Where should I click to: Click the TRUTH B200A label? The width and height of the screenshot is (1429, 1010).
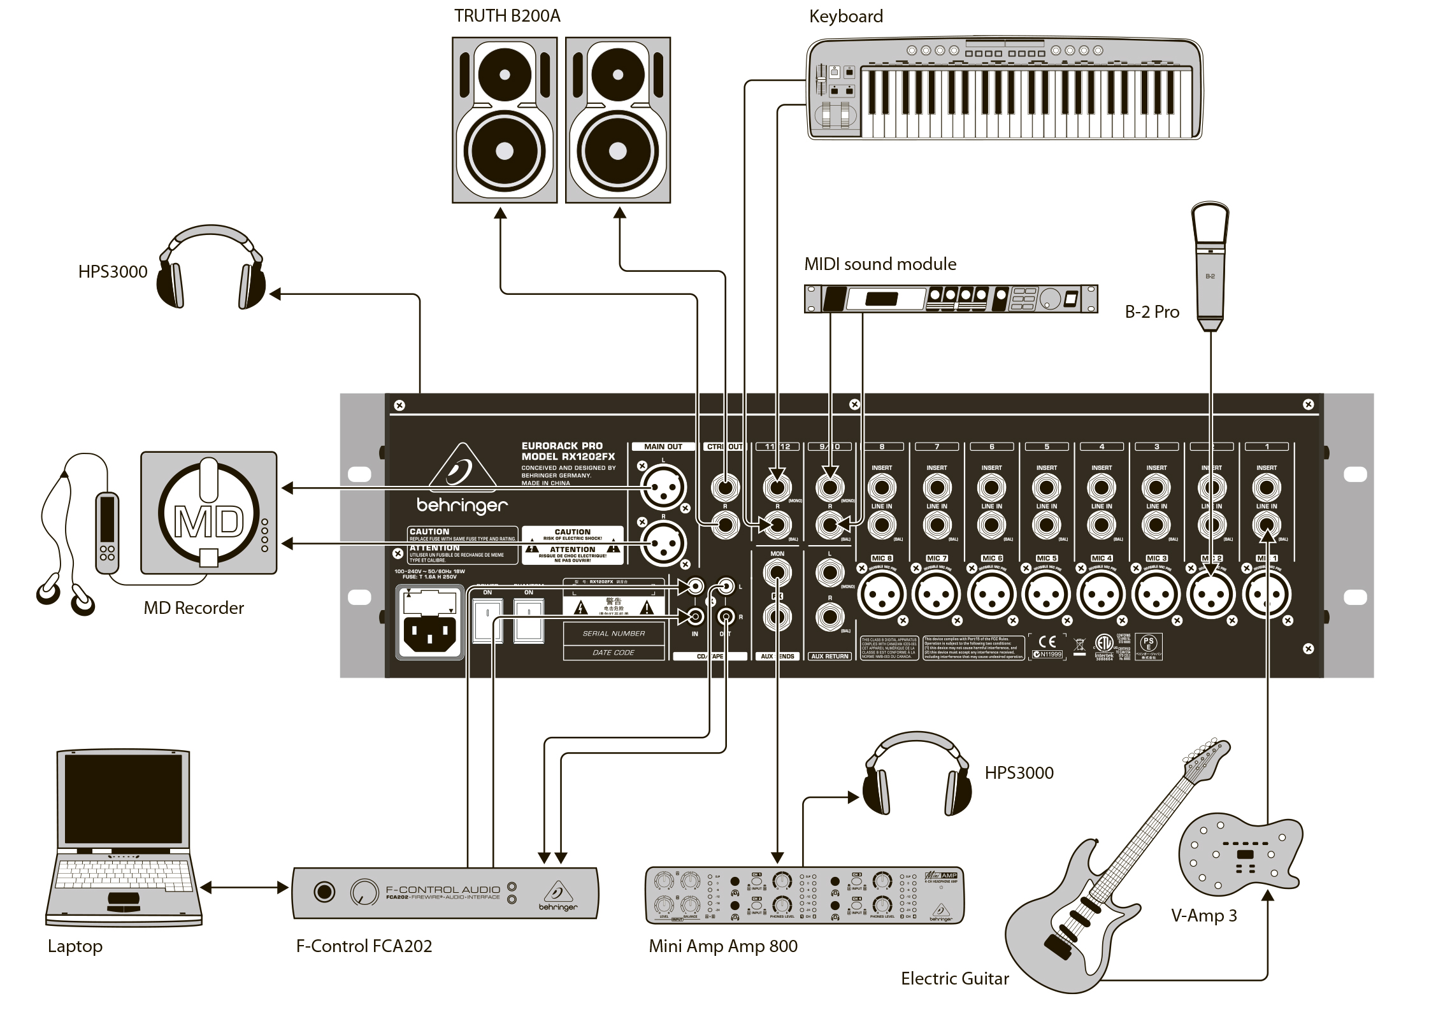[507, 16]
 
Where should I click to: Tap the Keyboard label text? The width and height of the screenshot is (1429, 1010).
[845, 17]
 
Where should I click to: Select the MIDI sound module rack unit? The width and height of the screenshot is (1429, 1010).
[951, 298]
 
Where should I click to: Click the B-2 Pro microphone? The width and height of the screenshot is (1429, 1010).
[1210, 267]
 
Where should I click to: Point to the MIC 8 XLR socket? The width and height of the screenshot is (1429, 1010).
[882, 595]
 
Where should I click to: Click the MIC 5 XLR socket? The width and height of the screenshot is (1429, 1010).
[1046, 595]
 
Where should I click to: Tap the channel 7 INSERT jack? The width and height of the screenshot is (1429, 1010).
[937, 488]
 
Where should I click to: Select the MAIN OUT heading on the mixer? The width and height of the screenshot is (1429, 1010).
[663, 446]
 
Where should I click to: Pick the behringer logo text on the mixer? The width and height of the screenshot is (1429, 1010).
[462, 506]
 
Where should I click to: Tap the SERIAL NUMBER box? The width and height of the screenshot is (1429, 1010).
[614, 634]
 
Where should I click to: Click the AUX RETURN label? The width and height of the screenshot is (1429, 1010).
[829, 656]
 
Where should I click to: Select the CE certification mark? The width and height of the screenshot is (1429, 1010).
[1047, 641]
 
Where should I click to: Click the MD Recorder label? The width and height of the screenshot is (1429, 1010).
[194, 608]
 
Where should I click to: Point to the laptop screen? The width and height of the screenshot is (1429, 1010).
[123, 799]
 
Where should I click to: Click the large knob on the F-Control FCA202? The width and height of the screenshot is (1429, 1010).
[364, 893]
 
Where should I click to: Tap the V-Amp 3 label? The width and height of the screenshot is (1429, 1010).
[1203, 916]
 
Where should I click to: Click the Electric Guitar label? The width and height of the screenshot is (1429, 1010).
[954, 978]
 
